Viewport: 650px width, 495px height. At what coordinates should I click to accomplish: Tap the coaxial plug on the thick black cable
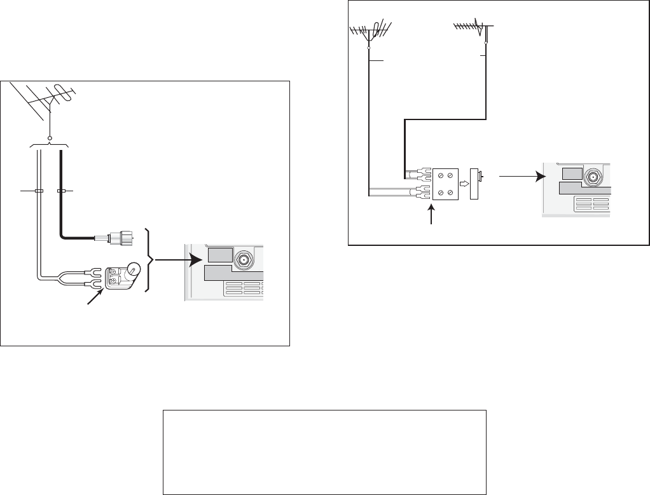point(120,238)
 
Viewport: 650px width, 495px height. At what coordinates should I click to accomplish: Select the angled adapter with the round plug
point(124,276)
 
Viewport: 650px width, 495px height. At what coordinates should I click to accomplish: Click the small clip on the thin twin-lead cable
point(39,191)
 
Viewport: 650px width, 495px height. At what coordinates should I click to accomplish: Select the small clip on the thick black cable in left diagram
point(61,191)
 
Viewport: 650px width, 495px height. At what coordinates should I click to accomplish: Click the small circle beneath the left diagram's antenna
point(50,137)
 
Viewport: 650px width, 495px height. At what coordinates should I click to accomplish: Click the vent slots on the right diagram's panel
point(591,205)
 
